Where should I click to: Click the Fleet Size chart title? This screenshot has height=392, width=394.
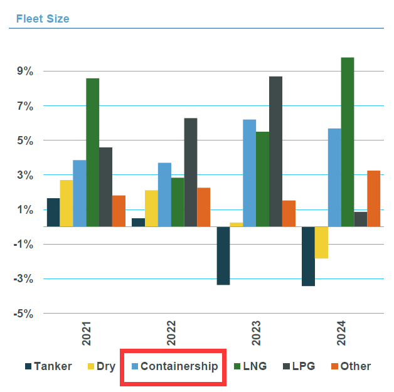coord(43,19)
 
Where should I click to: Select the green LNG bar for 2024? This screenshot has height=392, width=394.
coord(347,142)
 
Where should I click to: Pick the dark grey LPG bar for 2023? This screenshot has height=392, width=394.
coord(275,151)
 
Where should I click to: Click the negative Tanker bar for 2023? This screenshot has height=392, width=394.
coord(223,256)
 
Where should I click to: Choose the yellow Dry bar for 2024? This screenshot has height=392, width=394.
coord(321,243)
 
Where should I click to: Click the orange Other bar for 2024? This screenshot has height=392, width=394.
coord(373,198)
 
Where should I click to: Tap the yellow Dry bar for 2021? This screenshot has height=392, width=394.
coord(67,203)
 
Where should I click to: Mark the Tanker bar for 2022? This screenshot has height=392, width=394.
coord(138,222)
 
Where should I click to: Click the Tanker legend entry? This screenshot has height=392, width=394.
coord(48,366)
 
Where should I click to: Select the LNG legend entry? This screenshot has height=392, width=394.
coord(249,366)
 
